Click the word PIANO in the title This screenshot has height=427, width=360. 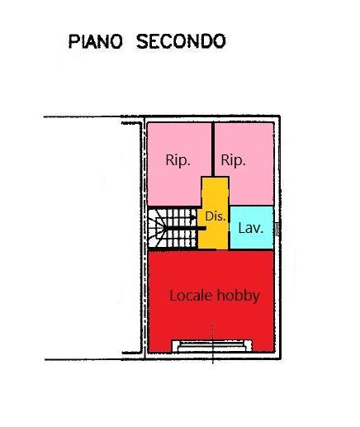95,42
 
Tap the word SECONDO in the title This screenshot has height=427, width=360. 181,42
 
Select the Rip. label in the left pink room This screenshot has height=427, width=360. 178,160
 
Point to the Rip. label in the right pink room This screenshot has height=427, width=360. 233,160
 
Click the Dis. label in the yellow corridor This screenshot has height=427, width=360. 216,216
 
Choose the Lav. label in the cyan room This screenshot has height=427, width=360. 251,228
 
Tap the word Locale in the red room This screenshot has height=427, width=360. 191,296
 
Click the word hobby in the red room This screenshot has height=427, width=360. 239,297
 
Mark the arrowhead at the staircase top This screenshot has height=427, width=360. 193,217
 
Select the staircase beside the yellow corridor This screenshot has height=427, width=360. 173,228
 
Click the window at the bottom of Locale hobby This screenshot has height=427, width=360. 212,346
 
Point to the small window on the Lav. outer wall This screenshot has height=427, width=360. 277,230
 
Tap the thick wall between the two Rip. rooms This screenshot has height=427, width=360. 213,149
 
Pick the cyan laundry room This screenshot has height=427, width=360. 252,227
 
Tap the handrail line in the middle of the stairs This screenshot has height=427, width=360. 185,228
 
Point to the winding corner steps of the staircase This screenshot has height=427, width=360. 156,228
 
